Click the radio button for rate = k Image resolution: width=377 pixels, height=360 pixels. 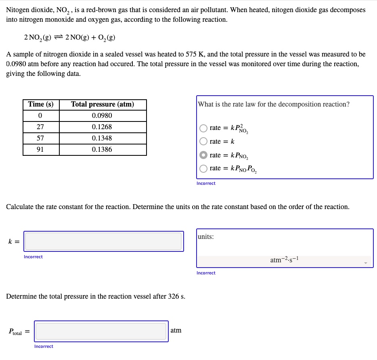point(204,142)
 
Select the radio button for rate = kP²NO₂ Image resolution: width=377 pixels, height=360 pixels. point(204,128)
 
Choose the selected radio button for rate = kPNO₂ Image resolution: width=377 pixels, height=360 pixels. point(204,155)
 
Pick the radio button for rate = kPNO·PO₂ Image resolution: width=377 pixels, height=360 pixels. point(204,168)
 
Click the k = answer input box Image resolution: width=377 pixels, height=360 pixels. point(104,241)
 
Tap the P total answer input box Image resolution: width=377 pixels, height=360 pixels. point(101,331)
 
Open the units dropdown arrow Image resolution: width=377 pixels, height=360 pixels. point(366,263)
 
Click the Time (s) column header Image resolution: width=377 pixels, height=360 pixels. point(41,105)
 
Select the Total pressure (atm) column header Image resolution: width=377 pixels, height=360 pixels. point(103,105)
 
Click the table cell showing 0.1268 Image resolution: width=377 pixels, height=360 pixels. point(102,127)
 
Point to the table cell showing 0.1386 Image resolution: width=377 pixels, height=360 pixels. point(102,150)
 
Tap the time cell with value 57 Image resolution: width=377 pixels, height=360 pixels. point(40,138)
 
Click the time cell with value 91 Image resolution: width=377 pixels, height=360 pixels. point(40,150)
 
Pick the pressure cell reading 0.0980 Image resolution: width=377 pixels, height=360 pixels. point(102,116)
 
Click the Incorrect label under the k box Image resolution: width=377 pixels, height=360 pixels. point(33,257)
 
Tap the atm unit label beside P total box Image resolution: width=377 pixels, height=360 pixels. point(176,331)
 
